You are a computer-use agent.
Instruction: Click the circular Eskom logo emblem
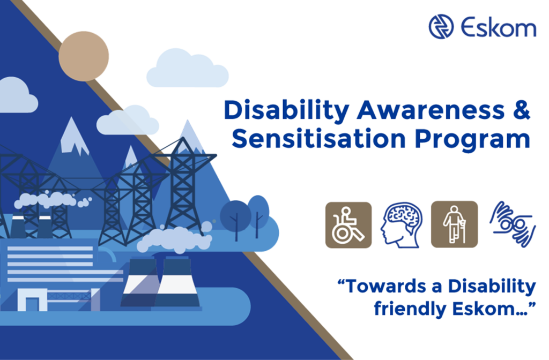pos(441,27)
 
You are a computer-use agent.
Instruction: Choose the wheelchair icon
pos(348,224)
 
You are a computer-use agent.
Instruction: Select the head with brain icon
pos(400,225)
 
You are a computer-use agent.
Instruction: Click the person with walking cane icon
pos(454,224)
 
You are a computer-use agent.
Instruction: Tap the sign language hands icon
pos(512,224)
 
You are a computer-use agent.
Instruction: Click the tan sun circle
pos(84,56)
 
